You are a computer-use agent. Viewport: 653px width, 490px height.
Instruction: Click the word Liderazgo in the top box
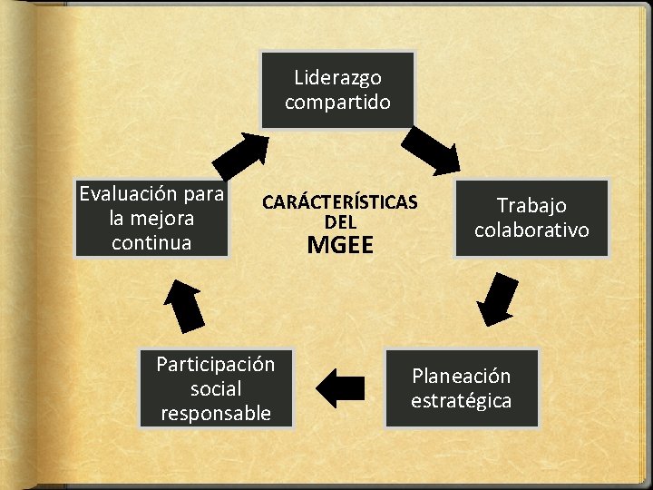[337, 78]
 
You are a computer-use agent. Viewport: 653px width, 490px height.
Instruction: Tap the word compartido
[337, 102]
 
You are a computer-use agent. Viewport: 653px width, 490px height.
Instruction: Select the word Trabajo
[531, 206]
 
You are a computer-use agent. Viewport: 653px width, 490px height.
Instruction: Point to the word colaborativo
[531, 230]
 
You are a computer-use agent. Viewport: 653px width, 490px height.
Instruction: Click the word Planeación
[462, 376]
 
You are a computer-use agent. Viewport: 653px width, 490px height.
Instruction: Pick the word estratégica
[462, 400]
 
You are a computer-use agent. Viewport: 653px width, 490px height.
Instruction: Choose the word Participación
[216, 365]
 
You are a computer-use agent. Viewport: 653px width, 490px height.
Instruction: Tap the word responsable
[216, 413]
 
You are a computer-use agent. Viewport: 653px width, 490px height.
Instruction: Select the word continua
[151, 242]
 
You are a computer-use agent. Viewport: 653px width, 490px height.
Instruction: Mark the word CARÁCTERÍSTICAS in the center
[340, 201]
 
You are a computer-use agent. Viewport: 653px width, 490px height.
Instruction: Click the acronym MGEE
[340, 244]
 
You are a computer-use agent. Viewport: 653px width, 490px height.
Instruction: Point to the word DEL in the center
[340, 221]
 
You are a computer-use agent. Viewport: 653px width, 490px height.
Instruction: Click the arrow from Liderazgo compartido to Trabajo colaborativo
[433, 150]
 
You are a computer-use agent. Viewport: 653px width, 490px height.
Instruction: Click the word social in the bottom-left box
[216, 389]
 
